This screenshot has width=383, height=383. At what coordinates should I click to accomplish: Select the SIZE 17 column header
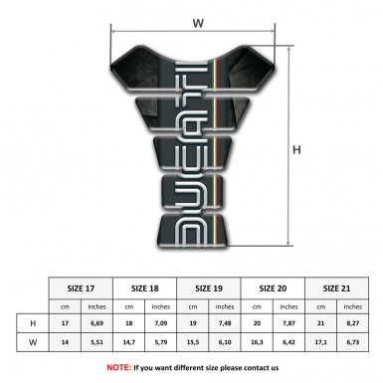click(x=83, y=287)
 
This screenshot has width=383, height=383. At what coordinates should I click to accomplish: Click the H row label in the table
click(x=35, y=323)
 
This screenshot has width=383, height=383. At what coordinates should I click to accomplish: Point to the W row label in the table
click(x=35, y=342)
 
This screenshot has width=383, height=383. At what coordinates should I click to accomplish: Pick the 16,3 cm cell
click(x=257, y=342)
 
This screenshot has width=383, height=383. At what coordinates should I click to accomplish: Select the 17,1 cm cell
click(x=319, y=342)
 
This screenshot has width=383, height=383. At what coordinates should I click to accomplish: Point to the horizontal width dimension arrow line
click(x=159, y=33)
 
